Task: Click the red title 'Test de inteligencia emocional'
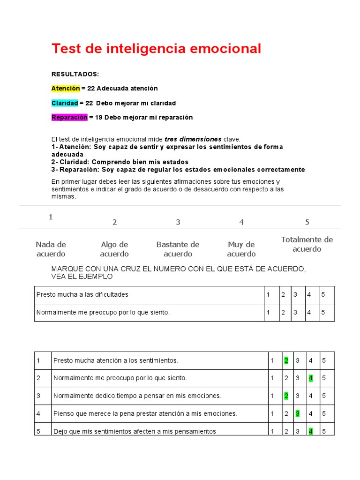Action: tap(156, 49)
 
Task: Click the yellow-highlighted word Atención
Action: tap(66, 88)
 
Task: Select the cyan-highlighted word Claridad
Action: tap(65, 103)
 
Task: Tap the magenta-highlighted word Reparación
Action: tap(69, 117)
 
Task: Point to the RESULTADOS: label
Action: tap(75, 74)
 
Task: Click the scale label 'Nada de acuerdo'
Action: tap(51, 249)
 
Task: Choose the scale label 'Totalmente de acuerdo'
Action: tap(307, 244)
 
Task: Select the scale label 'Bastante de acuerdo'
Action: tap(178, 249)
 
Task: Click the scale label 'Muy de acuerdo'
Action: tap(241, 249)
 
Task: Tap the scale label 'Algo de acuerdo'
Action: tap(114, 249)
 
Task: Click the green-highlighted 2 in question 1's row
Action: tap(286, 360)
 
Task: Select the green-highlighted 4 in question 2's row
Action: tap(310, 378)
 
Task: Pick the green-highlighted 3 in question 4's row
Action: tap(297, 413)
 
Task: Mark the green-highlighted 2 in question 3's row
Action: tap(286, 396)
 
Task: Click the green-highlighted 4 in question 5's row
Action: tap(310, 431)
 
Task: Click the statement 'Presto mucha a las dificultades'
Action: tap(82, 294)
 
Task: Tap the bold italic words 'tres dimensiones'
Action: tap(193, 139)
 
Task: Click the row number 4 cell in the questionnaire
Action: tap(39, 413)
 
